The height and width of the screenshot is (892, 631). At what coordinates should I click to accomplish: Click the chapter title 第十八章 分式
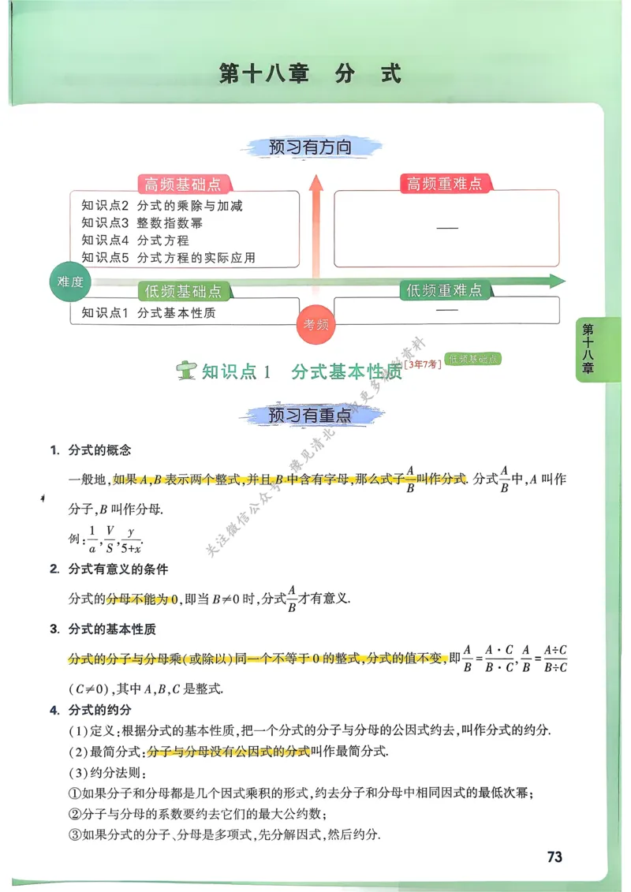tap(310, 74)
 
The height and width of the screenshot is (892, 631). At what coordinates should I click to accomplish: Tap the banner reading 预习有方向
tap(309, 147)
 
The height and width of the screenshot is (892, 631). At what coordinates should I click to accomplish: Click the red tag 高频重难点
tap(444, 184)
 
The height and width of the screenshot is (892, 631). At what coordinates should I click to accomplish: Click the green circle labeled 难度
tap(70, 282)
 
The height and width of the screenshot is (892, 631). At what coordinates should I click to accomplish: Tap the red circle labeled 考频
tap(316, 323)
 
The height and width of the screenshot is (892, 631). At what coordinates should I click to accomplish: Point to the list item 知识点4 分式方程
tap(135, 241)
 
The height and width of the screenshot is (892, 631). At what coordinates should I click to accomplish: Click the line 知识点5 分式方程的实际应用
tap(168, 258)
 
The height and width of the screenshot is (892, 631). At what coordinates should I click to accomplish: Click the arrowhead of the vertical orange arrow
tap(316, 186)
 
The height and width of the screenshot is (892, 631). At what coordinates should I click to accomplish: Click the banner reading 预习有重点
tap(309, 416)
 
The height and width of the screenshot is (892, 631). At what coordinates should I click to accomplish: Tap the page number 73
tap(554, 857)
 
